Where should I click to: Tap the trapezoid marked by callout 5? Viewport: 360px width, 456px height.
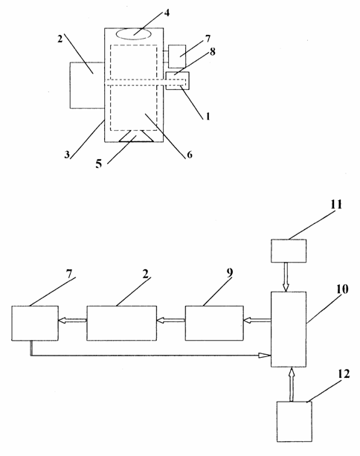coord(136,136)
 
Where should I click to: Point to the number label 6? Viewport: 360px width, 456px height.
coord(190,155)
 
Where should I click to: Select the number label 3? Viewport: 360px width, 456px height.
coord(67,155)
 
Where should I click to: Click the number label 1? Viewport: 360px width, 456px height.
coord(208,116)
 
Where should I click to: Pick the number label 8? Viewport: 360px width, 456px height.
coord(213,52)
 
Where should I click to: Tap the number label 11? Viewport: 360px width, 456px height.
coord(336,205)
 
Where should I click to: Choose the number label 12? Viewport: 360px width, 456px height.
coord(344,374)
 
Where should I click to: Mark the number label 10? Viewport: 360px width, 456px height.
coord(342,289)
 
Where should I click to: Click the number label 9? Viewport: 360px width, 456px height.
coord(230,272)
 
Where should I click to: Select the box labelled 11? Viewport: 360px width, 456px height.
coord(289,251)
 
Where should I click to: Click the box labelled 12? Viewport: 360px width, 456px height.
coord(295,422)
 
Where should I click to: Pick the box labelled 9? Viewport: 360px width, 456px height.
coord(214,323)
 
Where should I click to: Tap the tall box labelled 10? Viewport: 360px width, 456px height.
coord(289,330)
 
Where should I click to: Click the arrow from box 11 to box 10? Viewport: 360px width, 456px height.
coord(286,277)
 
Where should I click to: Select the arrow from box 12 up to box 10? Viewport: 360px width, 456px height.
coord(292,384)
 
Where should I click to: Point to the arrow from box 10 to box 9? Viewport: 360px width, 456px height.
coord(257,320)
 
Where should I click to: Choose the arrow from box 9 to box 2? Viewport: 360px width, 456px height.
coord(171,320)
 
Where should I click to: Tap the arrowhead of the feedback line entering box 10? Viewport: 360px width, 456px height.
coord(265,355)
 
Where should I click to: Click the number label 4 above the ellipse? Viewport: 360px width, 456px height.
coord(167,13)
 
